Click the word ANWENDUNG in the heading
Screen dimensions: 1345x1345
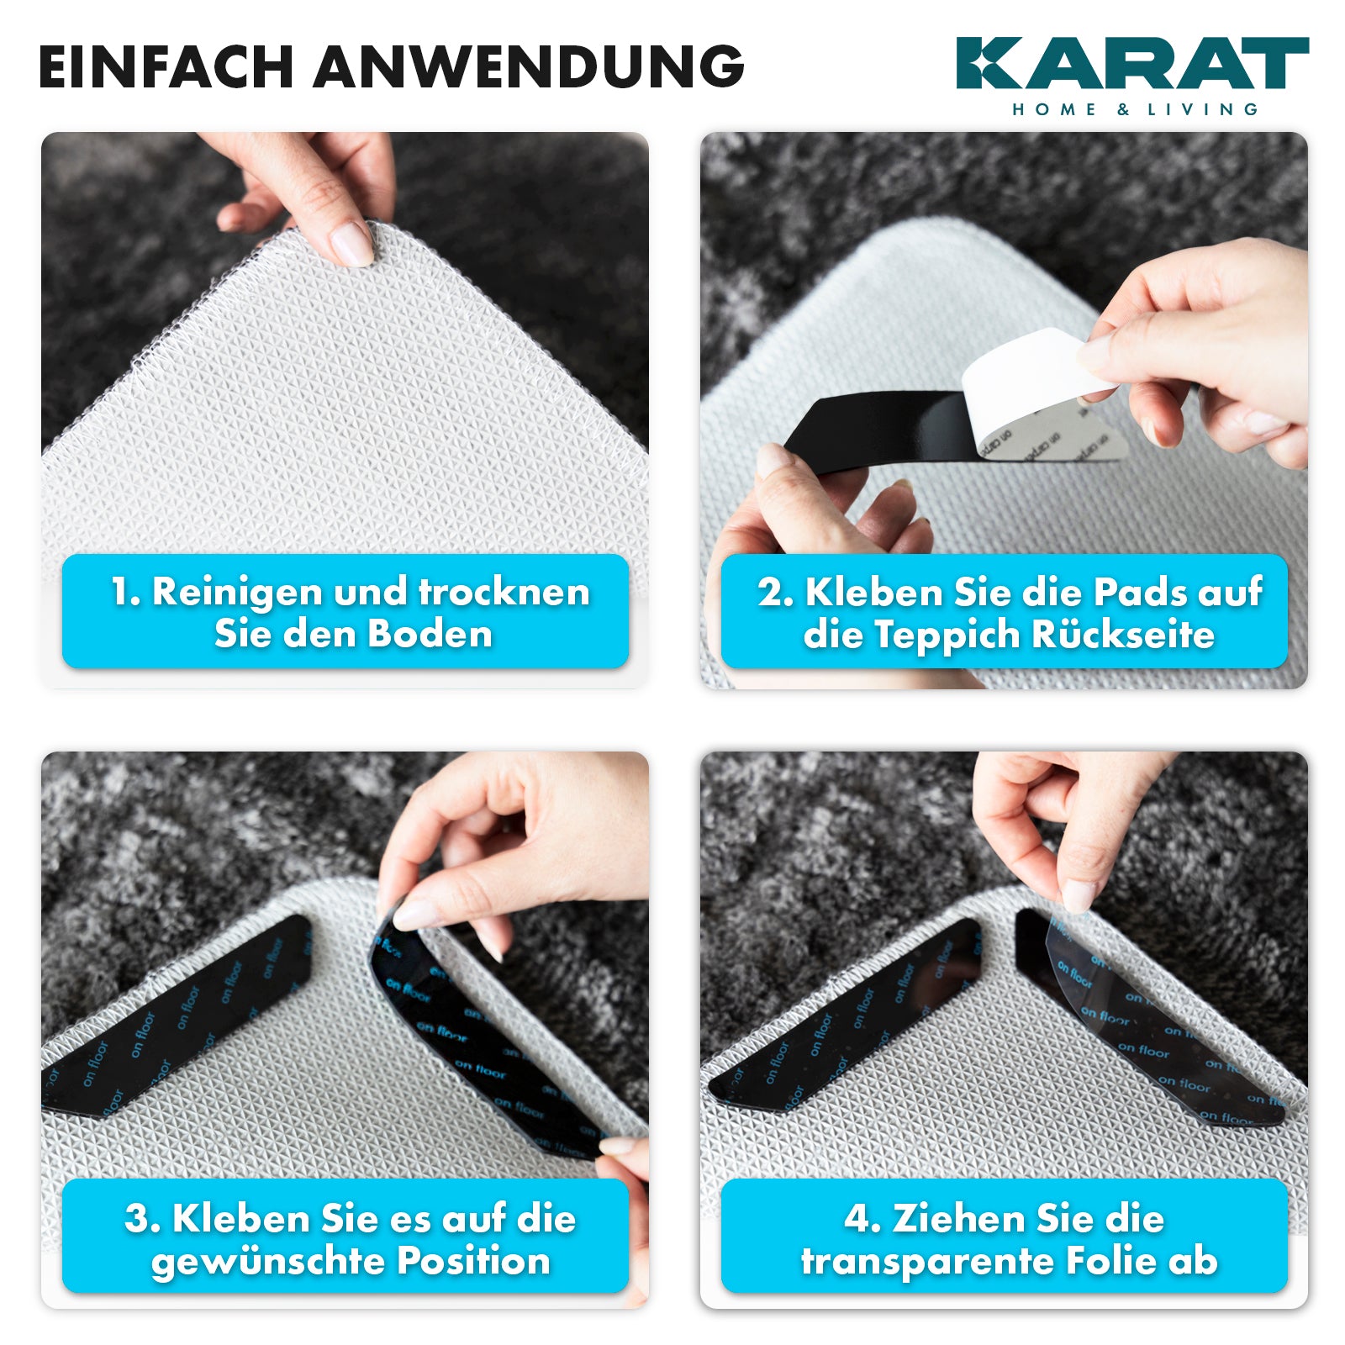click(x=529, y=66)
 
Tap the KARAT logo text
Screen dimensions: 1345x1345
click(x=1131, y=63)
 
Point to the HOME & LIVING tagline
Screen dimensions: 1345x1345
click(x=1135, y=109)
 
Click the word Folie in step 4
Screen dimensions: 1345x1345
click(x=1113, y=1260)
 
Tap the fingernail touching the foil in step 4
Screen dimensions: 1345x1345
click(x=1077, y=896)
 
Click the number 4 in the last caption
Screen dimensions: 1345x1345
click(x=857, y=1219)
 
